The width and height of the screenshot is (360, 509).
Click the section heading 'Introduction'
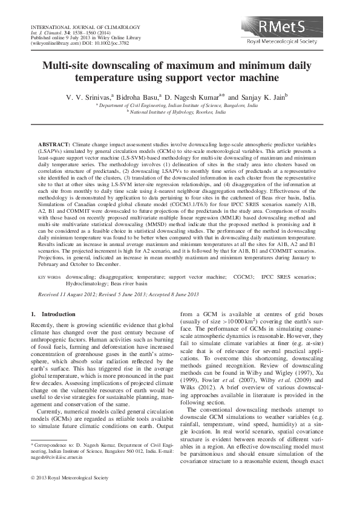pos(58,314)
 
